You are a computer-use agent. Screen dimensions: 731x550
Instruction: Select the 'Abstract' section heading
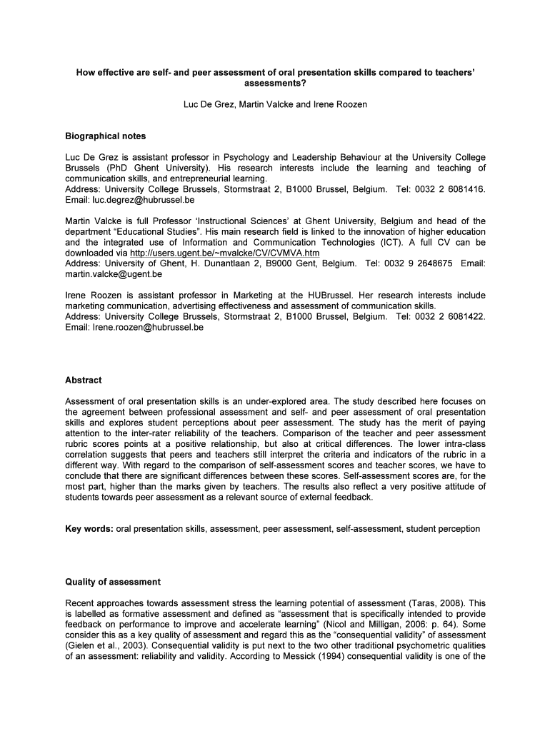(x=84, y=380)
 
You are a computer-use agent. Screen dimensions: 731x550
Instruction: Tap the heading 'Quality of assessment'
(x=113, y=582)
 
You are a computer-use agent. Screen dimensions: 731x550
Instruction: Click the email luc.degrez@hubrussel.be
(x=139, y=200)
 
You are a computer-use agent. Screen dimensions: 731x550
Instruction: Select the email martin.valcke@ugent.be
(x=114, y=273)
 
